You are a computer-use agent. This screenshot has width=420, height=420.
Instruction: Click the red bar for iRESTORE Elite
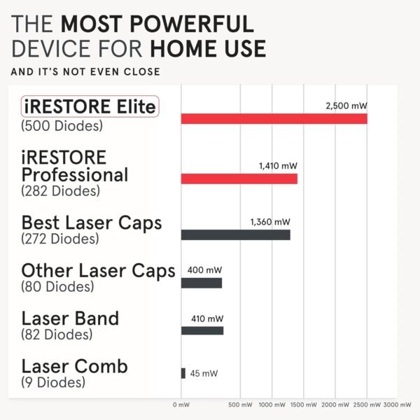click(274, 118)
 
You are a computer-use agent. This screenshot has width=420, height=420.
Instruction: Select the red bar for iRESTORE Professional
click(239, 178)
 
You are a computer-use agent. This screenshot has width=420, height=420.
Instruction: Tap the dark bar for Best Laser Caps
click(235, 234)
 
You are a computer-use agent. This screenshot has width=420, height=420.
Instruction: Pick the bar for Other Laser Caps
click(202, 283)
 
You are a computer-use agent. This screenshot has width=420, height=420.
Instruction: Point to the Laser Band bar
click(202, 330)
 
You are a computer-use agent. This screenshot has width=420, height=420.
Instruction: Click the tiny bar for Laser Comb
click(183, 373)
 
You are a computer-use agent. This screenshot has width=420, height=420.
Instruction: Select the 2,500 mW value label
click(346, 105)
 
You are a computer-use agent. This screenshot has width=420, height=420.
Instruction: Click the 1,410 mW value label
click(278, 166)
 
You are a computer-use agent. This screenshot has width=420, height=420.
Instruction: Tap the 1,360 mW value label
click(269, 222)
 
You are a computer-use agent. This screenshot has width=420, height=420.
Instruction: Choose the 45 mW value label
click(204, 373)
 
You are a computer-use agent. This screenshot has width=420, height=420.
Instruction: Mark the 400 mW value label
click(204, 269)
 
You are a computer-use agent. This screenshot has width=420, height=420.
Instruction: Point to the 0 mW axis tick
click(181, 405)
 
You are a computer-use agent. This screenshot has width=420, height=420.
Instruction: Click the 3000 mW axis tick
click(398, 405)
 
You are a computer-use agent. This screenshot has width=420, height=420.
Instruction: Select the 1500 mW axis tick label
click(302, 405)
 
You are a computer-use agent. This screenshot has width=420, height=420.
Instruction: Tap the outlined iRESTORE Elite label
click(90, 107)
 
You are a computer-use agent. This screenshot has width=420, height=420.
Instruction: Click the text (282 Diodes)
click(61, 190)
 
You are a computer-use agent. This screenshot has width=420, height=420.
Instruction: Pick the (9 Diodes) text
click(53, 382)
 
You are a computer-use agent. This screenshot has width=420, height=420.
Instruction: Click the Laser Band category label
click(70, 318)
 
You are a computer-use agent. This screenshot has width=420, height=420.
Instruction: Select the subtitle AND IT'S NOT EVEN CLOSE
click(86, 71)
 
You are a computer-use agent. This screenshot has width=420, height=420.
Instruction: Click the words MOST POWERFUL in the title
click(157, 24)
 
